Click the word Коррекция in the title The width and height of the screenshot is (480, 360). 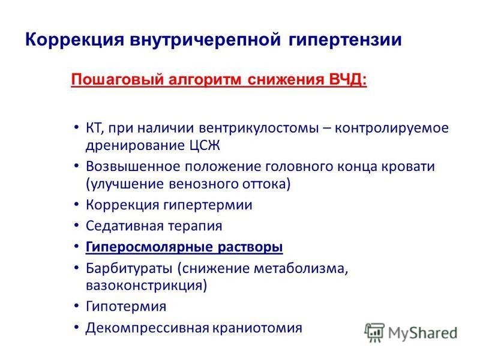point(74,40)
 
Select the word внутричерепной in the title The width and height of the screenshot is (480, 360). point(205,40)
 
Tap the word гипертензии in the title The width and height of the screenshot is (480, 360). point(344,40)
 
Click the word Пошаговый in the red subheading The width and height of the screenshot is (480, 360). point(117,80)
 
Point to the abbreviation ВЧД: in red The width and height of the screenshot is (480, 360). point(347,79)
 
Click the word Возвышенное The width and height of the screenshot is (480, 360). point(132,167)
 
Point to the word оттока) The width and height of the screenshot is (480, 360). point(266,184)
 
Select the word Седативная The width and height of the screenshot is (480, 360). point(125,226)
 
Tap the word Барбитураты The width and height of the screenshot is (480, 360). point(129,268)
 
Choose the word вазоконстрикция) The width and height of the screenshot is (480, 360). point(146,286)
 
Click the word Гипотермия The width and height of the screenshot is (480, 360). point(126,307)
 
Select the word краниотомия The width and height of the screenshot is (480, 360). point(257,328)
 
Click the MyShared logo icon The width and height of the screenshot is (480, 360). point(374,332)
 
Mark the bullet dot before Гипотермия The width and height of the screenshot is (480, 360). point(77,306)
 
